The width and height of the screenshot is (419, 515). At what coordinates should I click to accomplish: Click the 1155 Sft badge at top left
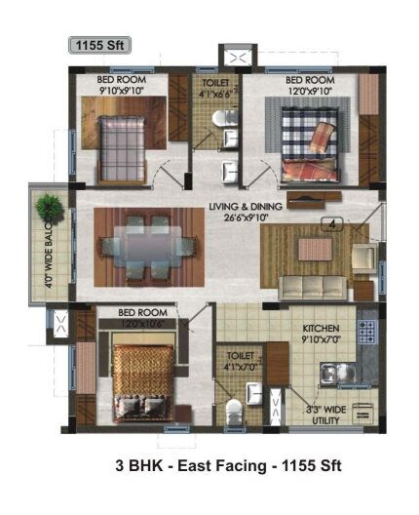(98, 44)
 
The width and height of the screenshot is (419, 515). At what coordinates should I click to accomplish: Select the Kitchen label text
(320, 328)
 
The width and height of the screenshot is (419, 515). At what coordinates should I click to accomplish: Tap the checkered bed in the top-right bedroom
(310, 146)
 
